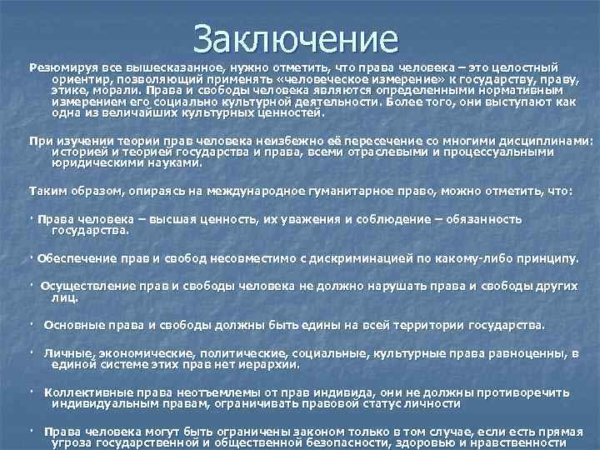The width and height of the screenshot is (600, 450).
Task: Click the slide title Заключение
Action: [295, 37]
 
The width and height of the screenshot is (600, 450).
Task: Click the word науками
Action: [175, 164]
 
